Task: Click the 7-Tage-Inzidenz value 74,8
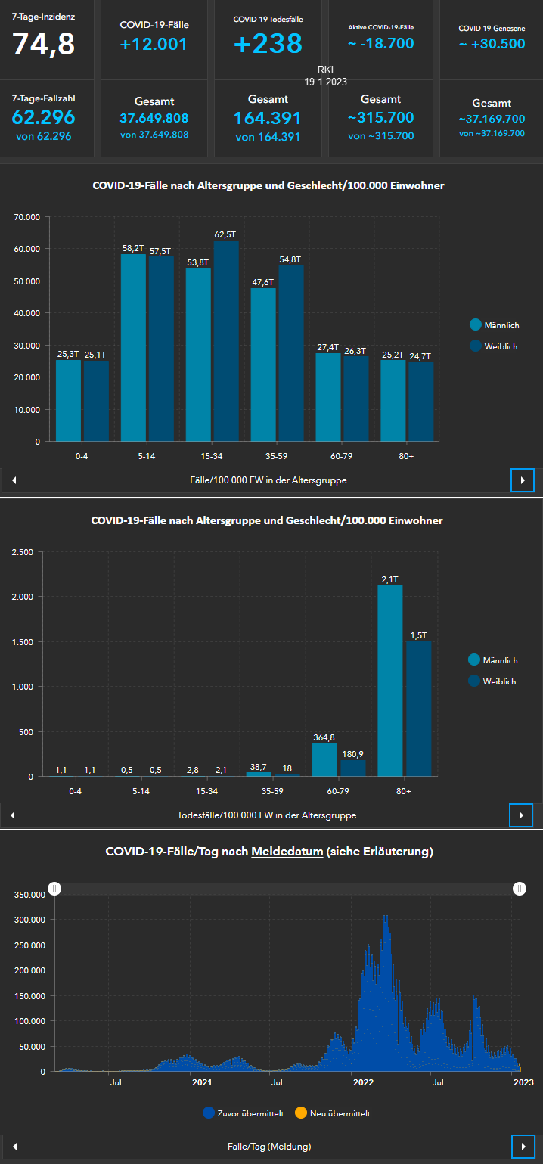click(43, 45)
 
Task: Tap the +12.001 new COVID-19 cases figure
click(154, 45)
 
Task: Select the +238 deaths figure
click(268, 44)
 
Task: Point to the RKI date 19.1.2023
click(325, 82)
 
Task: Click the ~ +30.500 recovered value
click(492, 44)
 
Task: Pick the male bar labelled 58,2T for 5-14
click(133, 348)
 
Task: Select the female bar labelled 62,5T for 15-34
click(226, 340)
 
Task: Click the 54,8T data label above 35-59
click(290, 259)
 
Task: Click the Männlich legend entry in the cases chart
click(495, 325)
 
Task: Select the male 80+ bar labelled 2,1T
click(389, 681)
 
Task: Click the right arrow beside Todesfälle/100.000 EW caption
click(522, 815)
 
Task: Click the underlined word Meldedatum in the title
click(287, 852)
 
